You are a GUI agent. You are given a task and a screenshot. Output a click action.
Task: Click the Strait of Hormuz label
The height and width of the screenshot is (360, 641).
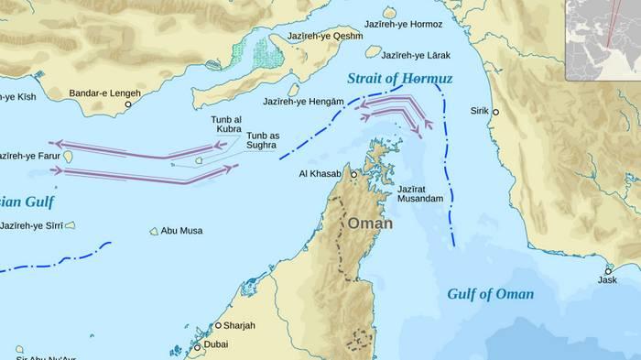(x=400, y=79)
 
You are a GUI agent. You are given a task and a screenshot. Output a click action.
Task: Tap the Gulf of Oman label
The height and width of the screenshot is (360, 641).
(x=490, y=294)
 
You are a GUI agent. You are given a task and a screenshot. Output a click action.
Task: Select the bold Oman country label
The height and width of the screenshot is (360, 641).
(x=370, y=224)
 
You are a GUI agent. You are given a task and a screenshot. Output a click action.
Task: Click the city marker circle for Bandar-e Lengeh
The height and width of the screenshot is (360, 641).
(x=128, y=104)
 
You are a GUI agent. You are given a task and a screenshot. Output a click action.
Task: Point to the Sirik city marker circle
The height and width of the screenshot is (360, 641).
(x=495, y=112)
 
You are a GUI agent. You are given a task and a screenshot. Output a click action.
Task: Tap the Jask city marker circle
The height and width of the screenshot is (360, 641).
(x=609, y=270)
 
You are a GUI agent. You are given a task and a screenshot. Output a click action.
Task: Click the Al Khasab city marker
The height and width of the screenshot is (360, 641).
(x=353, y=173)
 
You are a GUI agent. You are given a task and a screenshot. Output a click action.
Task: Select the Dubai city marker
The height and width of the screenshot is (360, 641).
(x=196, y=347)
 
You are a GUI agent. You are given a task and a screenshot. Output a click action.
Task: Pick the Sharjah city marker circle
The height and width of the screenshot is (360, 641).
(x=218, y=325)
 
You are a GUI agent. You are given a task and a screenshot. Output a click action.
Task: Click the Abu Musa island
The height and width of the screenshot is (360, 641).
(x=154, y=231)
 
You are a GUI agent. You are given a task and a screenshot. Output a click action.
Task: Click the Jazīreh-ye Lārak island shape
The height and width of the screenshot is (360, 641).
(x=373, y=52)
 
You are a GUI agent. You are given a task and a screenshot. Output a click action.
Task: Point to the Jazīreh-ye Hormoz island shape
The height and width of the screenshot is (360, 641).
(x=390, y=13)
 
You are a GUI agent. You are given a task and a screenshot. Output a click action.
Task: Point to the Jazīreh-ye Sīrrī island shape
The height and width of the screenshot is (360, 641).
(x=70, y=224)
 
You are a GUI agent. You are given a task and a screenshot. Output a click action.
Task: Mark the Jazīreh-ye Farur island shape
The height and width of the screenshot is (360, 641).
(x=68, y=158)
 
